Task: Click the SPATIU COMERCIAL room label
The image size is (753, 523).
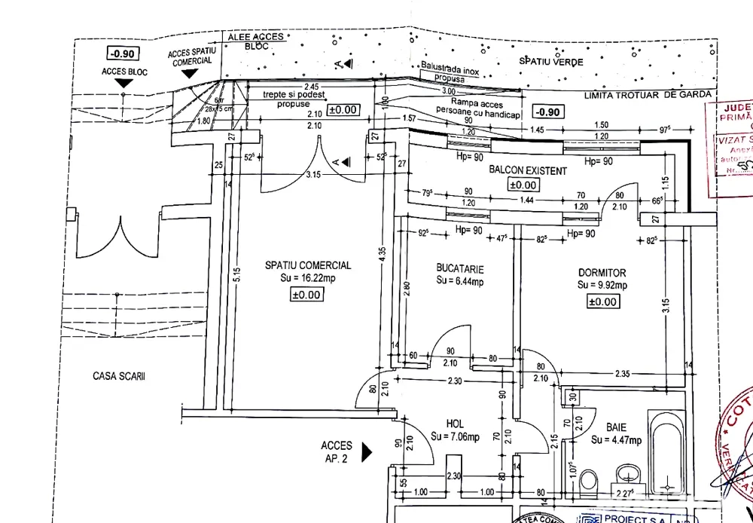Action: [x=307, y=265]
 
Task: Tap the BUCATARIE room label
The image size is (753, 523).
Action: [x=459, y=268]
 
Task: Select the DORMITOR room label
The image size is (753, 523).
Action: [x=602, y=273]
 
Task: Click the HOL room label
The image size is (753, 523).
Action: [x=454, y=424]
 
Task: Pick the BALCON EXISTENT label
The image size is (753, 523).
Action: [x=527, y=171]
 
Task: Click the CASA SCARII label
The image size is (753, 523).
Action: [x=119, y=376]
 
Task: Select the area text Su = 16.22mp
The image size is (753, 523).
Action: [x=307, y=278]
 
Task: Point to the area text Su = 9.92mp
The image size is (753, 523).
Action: [x=602, y=286]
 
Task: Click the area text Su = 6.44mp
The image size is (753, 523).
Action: [x=459, y=281]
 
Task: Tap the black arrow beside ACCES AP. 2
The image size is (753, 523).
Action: [x=367, y=452]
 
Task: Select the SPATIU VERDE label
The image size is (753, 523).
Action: [x=550, y=62]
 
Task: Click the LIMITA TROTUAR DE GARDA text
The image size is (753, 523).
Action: [x=648, y=94]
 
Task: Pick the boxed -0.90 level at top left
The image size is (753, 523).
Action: [x=121, y=54]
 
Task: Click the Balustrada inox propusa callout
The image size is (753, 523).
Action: [x=450, y=72]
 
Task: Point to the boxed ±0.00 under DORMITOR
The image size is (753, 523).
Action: [x=602, y=301]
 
